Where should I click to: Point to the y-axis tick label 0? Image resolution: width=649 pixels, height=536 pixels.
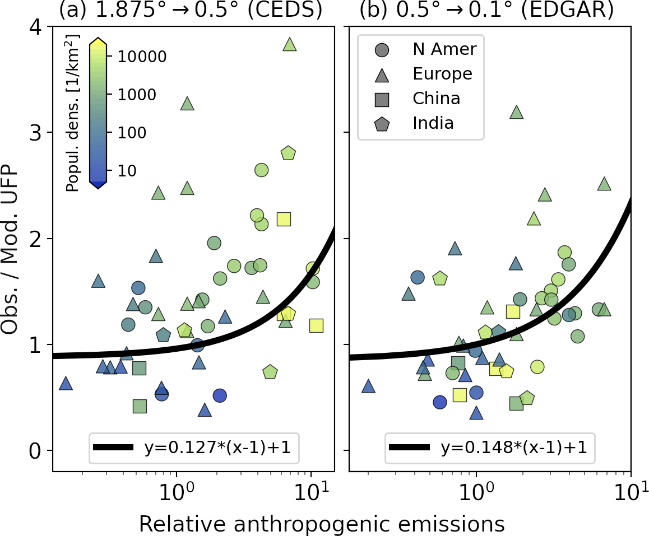[x=38, y=450]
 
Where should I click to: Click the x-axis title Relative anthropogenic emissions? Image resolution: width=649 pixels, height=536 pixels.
[x=322, y=524]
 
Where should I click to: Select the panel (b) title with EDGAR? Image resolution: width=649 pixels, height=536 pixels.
[x=486, y=10]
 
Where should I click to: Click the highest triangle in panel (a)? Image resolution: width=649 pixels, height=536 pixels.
[x=289, y=45]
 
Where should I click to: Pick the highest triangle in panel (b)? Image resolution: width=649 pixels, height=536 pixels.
[x=516, y=112]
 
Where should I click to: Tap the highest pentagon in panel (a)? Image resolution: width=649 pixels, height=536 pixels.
[x=288, y=153]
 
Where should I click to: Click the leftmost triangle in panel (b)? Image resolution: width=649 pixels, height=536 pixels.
[x=368, y=386]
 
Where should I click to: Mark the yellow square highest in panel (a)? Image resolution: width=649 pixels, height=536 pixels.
[x=284, y=219]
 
